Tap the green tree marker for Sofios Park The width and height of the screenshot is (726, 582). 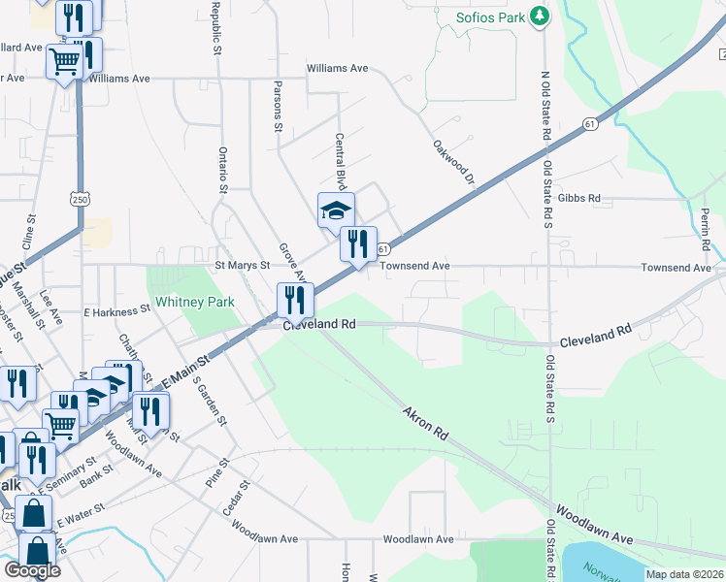point(542,16)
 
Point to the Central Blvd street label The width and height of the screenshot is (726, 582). point(340,161)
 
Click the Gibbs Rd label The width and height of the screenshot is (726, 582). point(580,198)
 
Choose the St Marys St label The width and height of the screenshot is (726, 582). point(241,265)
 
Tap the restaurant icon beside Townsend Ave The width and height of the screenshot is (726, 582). point(358,243)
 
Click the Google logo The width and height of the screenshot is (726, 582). point(32,570)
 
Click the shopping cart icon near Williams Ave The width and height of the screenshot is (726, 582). point(64,62)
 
